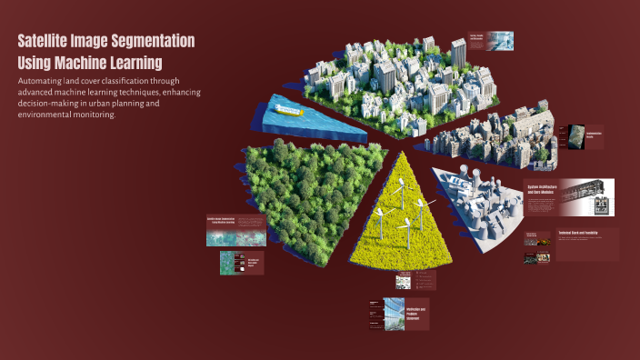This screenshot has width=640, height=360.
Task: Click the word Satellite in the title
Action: click(x=48, y=42)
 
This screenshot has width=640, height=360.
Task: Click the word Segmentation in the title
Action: click(x=153, y=42)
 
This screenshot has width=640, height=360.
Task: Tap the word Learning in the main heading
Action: click(x=134, y=63)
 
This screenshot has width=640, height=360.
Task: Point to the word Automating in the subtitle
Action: click(x=46, y=81)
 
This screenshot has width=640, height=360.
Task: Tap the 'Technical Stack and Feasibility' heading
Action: click(x=577, y=235)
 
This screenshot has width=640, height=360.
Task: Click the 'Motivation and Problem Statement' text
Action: click(x=416, y=314)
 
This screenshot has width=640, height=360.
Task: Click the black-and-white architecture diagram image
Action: click(x=586, y=196)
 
